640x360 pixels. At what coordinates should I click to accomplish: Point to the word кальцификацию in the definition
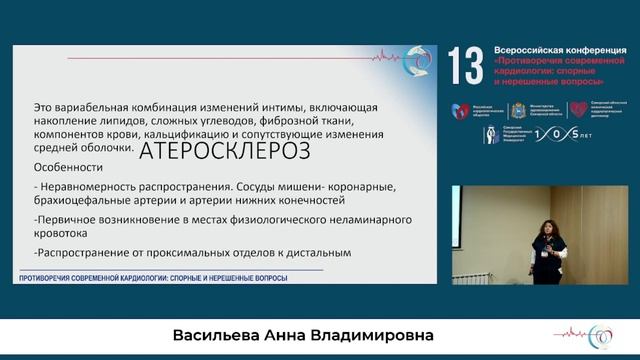[202, 132]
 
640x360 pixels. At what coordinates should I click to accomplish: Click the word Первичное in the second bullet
[69, 217]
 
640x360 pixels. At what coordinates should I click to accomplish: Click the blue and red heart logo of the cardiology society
[461, 111]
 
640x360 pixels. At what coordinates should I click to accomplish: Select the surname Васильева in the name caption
[241, 334]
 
